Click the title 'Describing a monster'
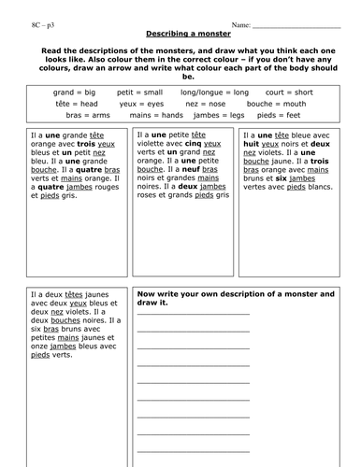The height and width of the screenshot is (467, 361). [180, 33]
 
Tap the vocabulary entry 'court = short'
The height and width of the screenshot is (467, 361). [294, 93]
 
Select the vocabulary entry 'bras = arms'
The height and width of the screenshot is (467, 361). [79, 115]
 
